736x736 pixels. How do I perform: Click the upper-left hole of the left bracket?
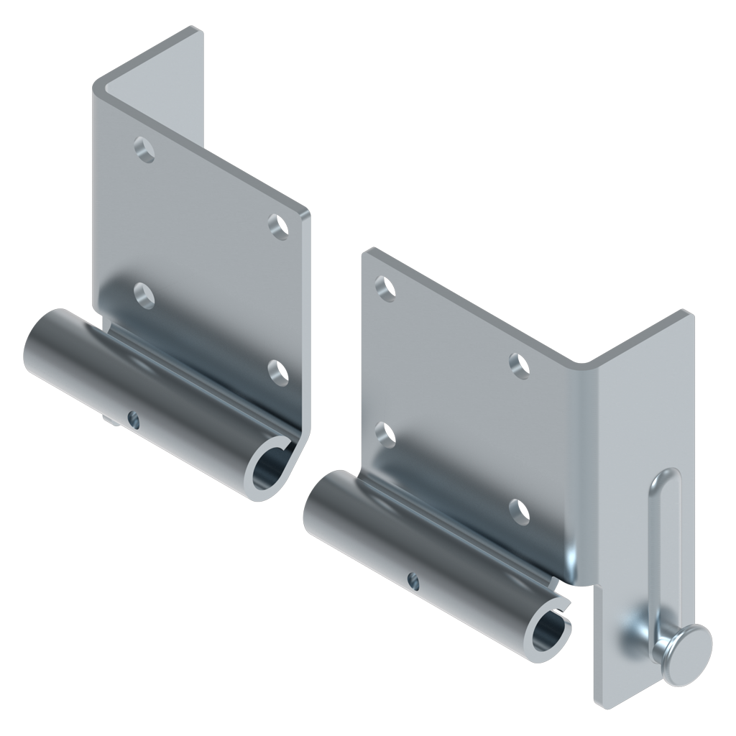(x=145, y=150)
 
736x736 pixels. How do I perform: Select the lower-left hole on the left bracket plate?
(x=144, y=295)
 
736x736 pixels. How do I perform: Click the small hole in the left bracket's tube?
(x=133, y=417)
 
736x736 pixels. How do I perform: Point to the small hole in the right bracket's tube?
(x=412, y=578)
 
